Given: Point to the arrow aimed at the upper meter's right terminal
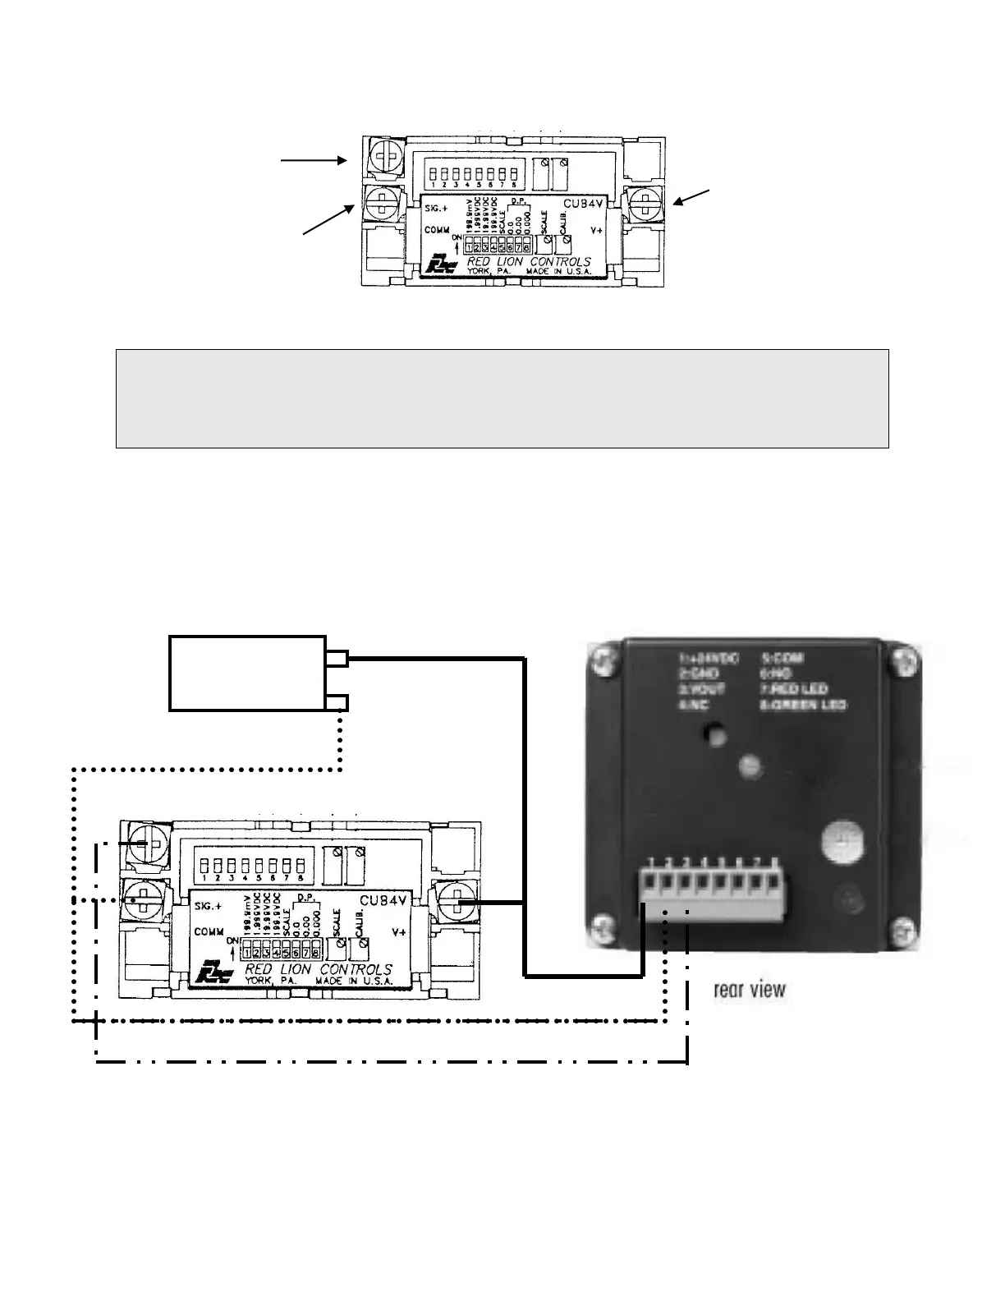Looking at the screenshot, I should (x=693, y=197).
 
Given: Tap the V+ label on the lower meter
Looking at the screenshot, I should (x=400, y=932).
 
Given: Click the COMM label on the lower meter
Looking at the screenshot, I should (x=210, y=932).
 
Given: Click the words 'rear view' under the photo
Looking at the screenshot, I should (x=750, y=990).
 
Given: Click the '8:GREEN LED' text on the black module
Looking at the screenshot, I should (x=804, y=705).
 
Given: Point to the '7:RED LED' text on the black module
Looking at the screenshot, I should (x=794, y=689).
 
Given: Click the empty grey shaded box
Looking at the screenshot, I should (x=502, y=398).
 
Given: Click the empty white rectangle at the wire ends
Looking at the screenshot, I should (x=247, y=673).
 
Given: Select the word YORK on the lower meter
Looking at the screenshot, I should (x=259, y=981).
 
